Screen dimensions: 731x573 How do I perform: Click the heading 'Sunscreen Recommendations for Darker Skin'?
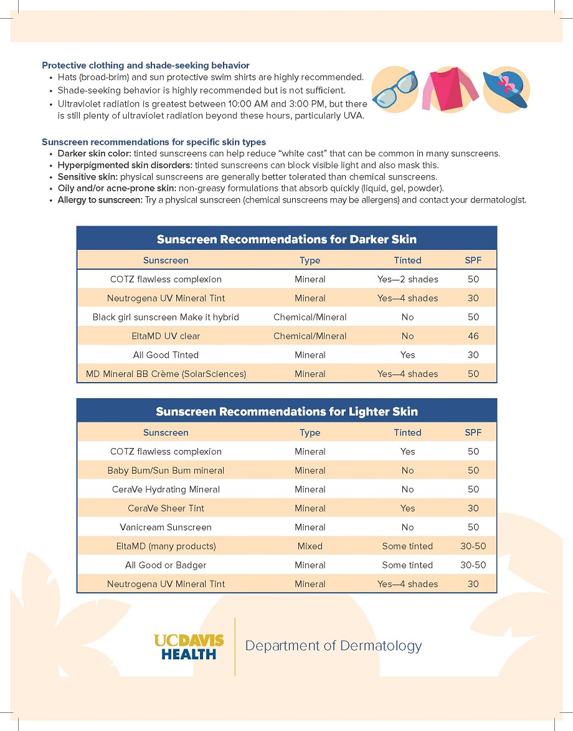pos(286,239)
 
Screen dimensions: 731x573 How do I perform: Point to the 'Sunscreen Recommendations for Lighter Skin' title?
pos(286,411)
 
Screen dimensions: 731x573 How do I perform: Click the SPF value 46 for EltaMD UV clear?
pos(473,336)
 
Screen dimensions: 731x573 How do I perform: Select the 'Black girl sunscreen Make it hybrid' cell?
pos(166,317)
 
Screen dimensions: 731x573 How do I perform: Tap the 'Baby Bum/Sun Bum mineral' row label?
pos(166,471)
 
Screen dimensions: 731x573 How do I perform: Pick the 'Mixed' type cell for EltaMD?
pos(310,546)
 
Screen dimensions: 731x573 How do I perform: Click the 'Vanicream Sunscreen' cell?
pos(166,527)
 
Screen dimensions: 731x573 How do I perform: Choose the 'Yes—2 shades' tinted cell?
pos(407,279)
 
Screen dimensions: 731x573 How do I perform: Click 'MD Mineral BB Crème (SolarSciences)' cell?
pos(166,374)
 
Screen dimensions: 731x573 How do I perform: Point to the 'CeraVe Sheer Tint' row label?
pos(166,509)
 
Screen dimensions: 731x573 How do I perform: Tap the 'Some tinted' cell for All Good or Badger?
pos(407,565)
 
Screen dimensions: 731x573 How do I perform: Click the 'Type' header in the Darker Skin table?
pos(310,260)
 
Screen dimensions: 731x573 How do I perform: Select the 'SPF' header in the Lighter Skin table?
pos(473,432)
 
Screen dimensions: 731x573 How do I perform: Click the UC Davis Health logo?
pos(189,647)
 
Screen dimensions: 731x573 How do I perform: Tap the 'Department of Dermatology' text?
pos(333,646)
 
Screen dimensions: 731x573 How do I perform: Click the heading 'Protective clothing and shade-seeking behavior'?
pos(146,65)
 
